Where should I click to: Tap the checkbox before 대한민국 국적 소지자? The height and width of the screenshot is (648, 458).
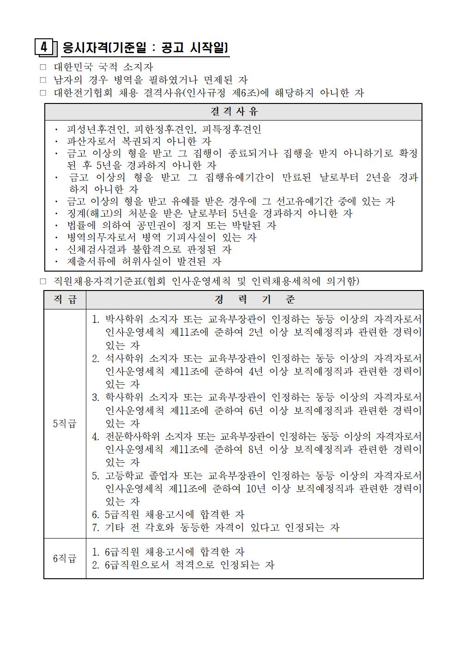pyautogui.click(x=43, y=67)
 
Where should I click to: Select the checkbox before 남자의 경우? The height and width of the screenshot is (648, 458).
pyautogui.click(x=43, y=80)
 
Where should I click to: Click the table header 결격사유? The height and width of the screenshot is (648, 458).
pyautogui.click(x=234, y=112)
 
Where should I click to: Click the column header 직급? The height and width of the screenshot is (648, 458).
pyautogui.click(x=65, y=300)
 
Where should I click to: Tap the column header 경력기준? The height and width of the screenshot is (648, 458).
pyautogui.click(x=254, y=300)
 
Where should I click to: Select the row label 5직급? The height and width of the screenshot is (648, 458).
pyautogui.click(x=65, y=424)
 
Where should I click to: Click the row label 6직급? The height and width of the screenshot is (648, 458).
pyautogui.click(x=65, y=558)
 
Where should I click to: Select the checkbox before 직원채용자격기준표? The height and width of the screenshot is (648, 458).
pyautogui.click(x=43, y=281)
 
